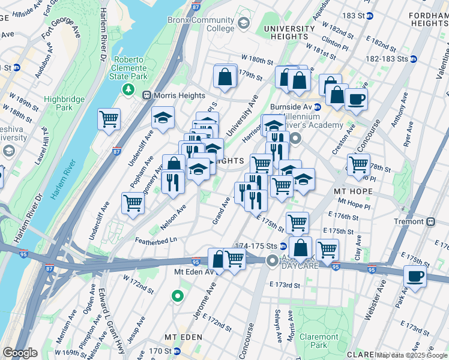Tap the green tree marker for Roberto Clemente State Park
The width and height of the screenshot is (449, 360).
(127, 89)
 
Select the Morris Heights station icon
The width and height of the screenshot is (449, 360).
(146, 95)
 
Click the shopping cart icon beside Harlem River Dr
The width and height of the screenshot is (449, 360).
(109, 119)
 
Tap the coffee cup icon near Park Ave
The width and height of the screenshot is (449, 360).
(414, 277)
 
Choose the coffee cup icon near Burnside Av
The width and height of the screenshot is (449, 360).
(355, 98)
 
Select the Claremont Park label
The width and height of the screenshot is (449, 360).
(319, 340)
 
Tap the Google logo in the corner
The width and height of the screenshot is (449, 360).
(20, 352)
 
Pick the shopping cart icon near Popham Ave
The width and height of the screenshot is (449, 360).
(133, 202)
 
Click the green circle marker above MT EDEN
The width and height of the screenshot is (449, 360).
(177, 296)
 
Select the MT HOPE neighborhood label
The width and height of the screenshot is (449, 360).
(354, 191)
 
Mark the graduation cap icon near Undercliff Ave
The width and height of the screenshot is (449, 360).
(163, 118)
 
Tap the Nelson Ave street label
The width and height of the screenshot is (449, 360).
(173, 217)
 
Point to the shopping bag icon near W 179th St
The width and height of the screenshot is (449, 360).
(224, 77)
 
